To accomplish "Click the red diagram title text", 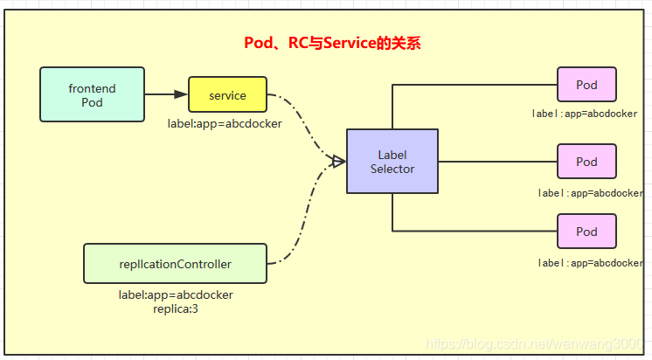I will click(331, 43).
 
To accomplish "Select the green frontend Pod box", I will click(92, 95).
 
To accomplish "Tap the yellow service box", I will click(227, 95).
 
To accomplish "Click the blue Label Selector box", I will click(392, 162).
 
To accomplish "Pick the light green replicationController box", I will click(175, 263).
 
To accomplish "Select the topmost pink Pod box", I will click(586, 85).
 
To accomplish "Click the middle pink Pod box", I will click(586, 162).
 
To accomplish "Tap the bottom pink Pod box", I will click(586, 232).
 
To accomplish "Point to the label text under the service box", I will click(225, 124).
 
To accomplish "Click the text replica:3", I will click(176, 308).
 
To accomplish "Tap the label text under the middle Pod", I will click(590, 193).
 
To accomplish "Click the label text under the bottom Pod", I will click(590, 263).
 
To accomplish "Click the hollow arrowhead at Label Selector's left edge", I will click(338, 161).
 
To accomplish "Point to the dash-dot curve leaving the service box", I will click(302, 122).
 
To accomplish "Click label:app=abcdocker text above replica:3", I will click(176, 295).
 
